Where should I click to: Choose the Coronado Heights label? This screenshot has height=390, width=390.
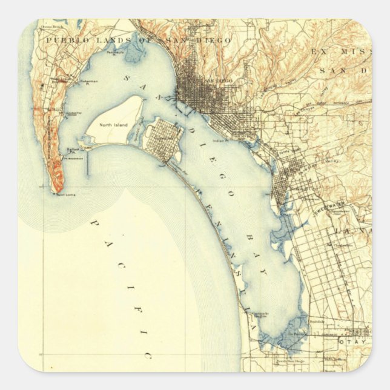(x=257, y=315)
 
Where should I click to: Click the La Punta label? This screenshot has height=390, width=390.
(x=298, y=333)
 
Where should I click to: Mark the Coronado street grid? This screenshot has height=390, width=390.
(x=162, y=136)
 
